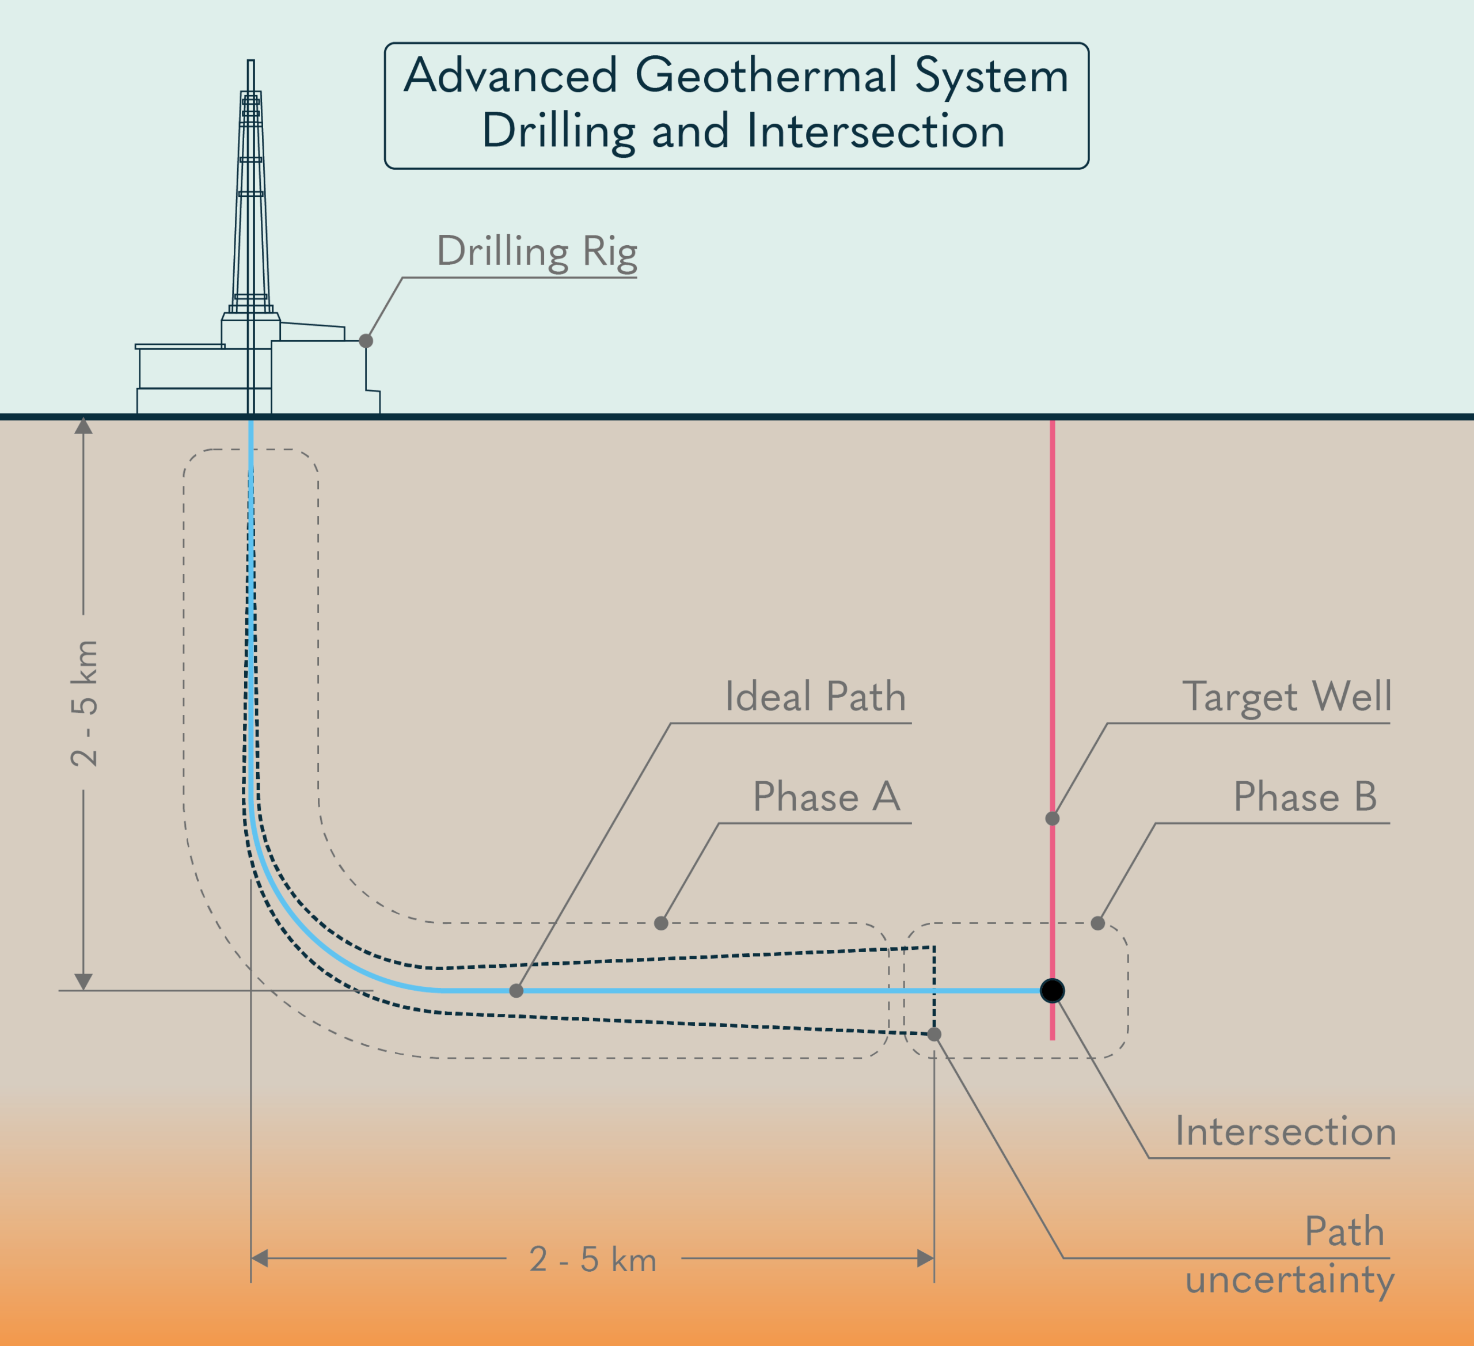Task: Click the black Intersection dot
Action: pos(1052,991)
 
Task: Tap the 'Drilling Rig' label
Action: pos(537,252)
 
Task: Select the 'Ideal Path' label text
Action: pos(815,697)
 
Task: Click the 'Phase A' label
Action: pos(826,797)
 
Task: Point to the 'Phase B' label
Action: pos(1305,797)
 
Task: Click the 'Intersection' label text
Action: pos(1285,1132)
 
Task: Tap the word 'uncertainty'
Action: pos(1290,1282)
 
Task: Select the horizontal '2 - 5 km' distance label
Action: pos(593,1260)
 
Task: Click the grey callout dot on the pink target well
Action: pos(1052,819)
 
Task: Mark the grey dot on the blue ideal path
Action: pos(516,991)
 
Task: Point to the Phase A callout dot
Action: pos(661,923)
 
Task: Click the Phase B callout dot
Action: pos(1097,923)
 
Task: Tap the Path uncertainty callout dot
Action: pos(934,1035)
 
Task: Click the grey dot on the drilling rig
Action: pos(366,341)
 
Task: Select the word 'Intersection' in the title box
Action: pos(876,132)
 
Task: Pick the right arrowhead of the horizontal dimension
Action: pos(926,1258)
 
